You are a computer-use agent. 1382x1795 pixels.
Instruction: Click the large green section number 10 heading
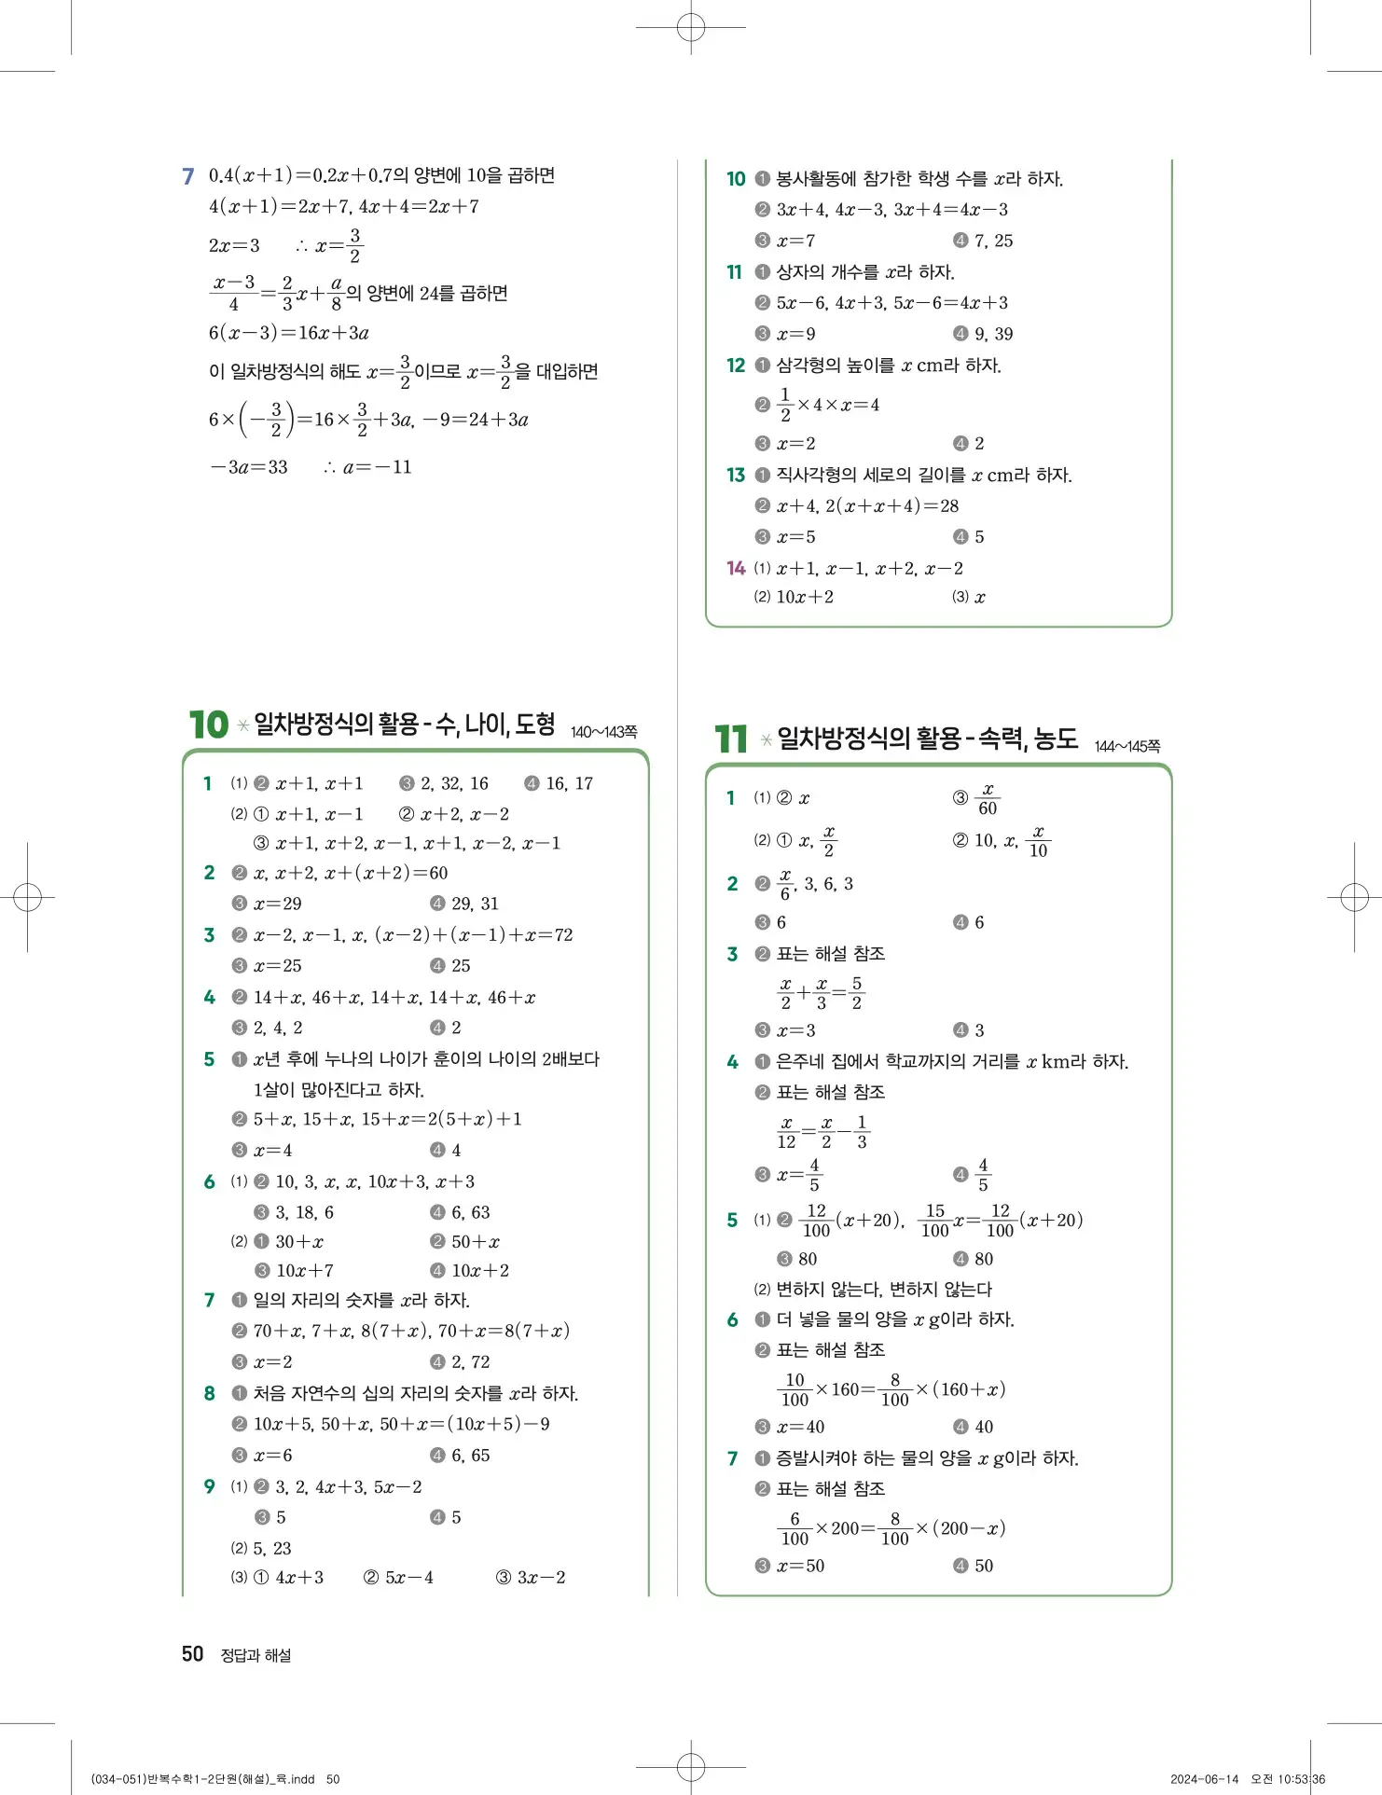pos(208,725)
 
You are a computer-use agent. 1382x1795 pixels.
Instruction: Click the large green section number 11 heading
pos(731,739)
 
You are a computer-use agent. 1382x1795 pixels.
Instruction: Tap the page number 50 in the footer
pos(192,1654)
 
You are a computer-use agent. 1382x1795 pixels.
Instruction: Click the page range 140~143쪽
pos(603,732)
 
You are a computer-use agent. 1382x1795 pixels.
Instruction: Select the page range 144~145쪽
pos(1126,746)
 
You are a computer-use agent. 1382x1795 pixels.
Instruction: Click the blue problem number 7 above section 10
pos(188,176)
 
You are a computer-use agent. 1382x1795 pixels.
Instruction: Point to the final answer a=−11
pos(377,467)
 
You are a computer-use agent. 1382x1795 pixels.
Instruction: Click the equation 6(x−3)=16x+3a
pos(289,333)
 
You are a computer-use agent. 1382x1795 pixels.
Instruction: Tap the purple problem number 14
pos(736,568)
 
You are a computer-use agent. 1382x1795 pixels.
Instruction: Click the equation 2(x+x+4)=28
pos(891,506)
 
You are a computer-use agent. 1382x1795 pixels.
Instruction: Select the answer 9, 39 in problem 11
pos(993,334)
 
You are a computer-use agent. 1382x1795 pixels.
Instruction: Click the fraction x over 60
pos(988,799)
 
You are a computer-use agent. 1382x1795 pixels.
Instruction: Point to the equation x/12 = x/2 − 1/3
pos(824,1132)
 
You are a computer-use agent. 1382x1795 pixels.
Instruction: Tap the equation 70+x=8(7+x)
pos(504,1331)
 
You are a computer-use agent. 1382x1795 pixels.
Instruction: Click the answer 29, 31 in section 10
pos(475,904)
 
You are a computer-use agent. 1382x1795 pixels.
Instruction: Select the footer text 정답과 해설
pos(256,1655)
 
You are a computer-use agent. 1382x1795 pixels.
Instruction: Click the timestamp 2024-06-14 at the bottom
pos(1204,1779)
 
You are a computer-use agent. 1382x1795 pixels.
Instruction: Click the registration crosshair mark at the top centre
pos(691,28)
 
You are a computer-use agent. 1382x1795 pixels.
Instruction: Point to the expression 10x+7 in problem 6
pos(305,1271)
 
